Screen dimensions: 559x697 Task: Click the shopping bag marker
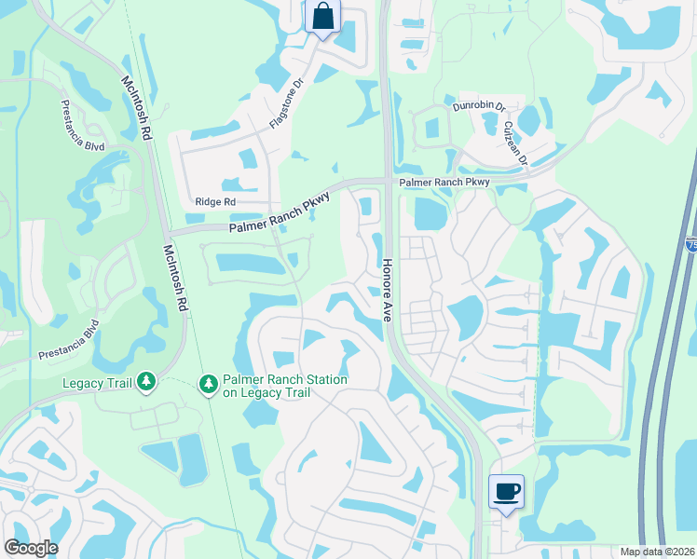[x=322, y=17]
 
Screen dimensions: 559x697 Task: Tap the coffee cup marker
[x=506, y=491]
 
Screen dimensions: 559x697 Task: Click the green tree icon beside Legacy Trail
[x=146, y=382]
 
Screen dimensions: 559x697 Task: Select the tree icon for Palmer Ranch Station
[x=209, y=382]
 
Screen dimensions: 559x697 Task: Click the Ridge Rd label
[x=216, y=201]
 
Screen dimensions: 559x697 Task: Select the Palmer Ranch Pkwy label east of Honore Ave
[x=444, y=183]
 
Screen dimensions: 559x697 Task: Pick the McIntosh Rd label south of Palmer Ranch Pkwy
[x=176, y=278]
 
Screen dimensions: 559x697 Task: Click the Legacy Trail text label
[x=98, y=382]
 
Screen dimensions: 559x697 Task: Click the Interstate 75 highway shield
[x=691, y=244]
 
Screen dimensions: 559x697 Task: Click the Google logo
[x=31, y=547]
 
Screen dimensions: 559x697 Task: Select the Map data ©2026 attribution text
[x=657, y=552]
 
